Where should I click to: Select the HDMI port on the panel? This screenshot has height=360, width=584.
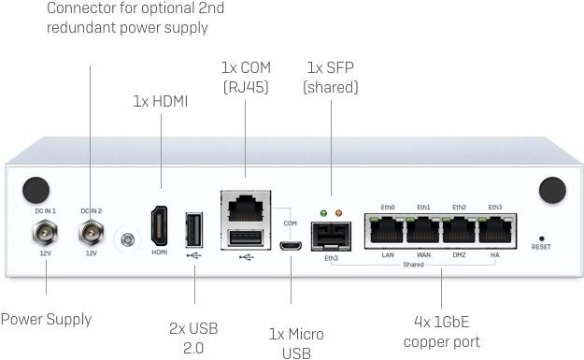coord(160,228)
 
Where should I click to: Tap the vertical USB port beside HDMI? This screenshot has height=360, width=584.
coord(193,229)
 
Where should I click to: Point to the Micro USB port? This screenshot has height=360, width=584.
coord(291,246)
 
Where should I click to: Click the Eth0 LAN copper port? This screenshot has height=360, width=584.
coord(388,230)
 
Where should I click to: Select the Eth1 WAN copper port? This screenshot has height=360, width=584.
coord(423,230)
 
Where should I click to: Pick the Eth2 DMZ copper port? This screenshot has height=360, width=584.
coord(459,230)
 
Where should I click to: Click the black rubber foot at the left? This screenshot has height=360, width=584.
coord(36,190)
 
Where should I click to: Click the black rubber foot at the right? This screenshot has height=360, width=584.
coord(552,190)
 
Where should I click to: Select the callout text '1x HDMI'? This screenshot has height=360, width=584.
coord(160,101)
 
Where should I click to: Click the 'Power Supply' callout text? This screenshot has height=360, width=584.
coord(46,319)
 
